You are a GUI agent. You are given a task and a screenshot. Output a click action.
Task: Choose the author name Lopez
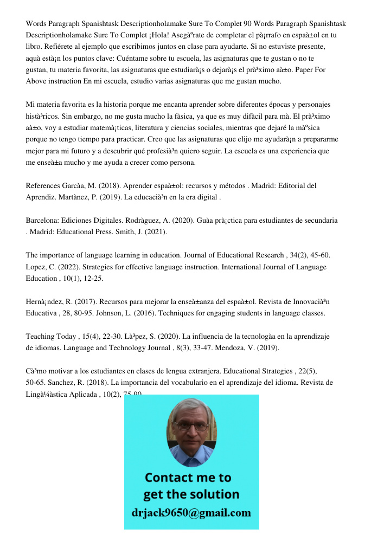point(36,267)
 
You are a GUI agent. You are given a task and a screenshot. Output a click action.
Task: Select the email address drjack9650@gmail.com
point(191,513)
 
